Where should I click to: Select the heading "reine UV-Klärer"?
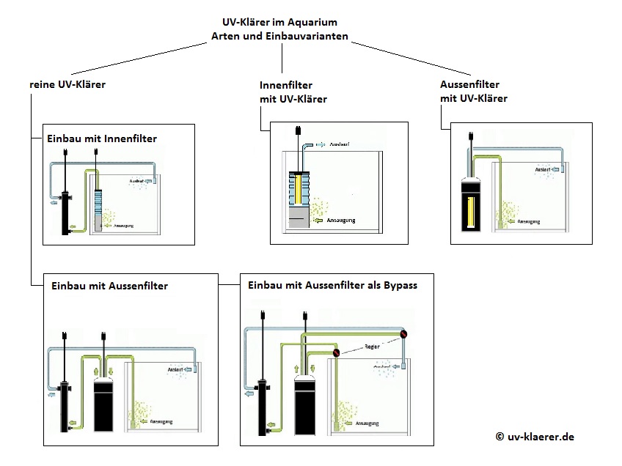coord(67,84)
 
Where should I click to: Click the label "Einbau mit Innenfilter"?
coord(102,138)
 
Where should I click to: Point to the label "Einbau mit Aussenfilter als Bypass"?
coord(333,285)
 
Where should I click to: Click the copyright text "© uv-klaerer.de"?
coord(535,436)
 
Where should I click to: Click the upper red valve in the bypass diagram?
coord(403,334)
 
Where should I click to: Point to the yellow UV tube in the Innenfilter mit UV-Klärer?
coord(300,191)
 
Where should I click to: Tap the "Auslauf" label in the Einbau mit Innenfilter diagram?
coord(135,180)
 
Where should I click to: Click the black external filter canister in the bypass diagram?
coord(304,403)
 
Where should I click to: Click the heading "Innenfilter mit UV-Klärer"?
coord(293,92)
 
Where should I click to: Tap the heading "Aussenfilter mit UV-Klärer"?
coord(474,91)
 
